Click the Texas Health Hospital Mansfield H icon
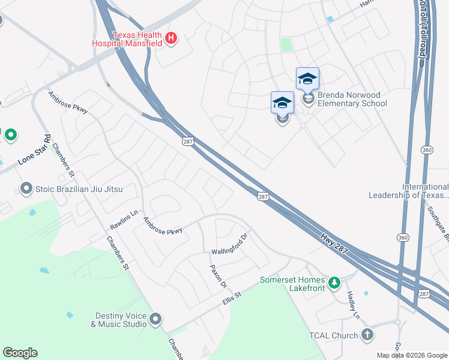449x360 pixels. pos(171,38)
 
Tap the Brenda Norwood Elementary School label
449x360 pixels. pos(352,99)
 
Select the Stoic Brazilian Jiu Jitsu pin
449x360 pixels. pos(26,189)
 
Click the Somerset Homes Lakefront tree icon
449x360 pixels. pos(335,281)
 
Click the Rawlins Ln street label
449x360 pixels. pos(124,220)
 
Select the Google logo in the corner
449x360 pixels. pos(20,353)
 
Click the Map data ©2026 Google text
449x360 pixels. pos(412,355)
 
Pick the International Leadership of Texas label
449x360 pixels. pos(408,191)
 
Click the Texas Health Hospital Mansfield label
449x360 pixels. pos(127,38)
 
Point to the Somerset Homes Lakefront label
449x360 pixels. pos(292,284)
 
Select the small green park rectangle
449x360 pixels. pos(286,44)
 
